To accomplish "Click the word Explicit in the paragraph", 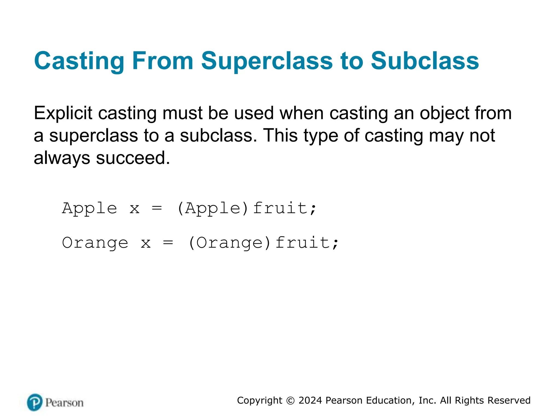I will point(63,113).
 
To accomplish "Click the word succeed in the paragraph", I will point(133,158).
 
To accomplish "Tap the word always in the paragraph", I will point(62,158).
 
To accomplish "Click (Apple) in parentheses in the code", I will point(213,208).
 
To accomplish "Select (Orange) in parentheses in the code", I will point(230,243).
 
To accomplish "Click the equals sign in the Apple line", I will point(157,208).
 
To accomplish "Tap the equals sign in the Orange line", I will point(168,243).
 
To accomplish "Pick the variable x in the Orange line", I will point(146,243).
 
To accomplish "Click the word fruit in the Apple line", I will point(281,208).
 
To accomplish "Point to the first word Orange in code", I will point(95,243).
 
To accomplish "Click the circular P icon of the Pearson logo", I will point(35,402).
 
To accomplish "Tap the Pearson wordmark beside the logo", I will point(65,403).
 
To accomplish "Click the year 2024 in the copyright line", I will point(310,400).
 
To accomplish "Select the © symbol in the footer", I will point(290,401).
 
